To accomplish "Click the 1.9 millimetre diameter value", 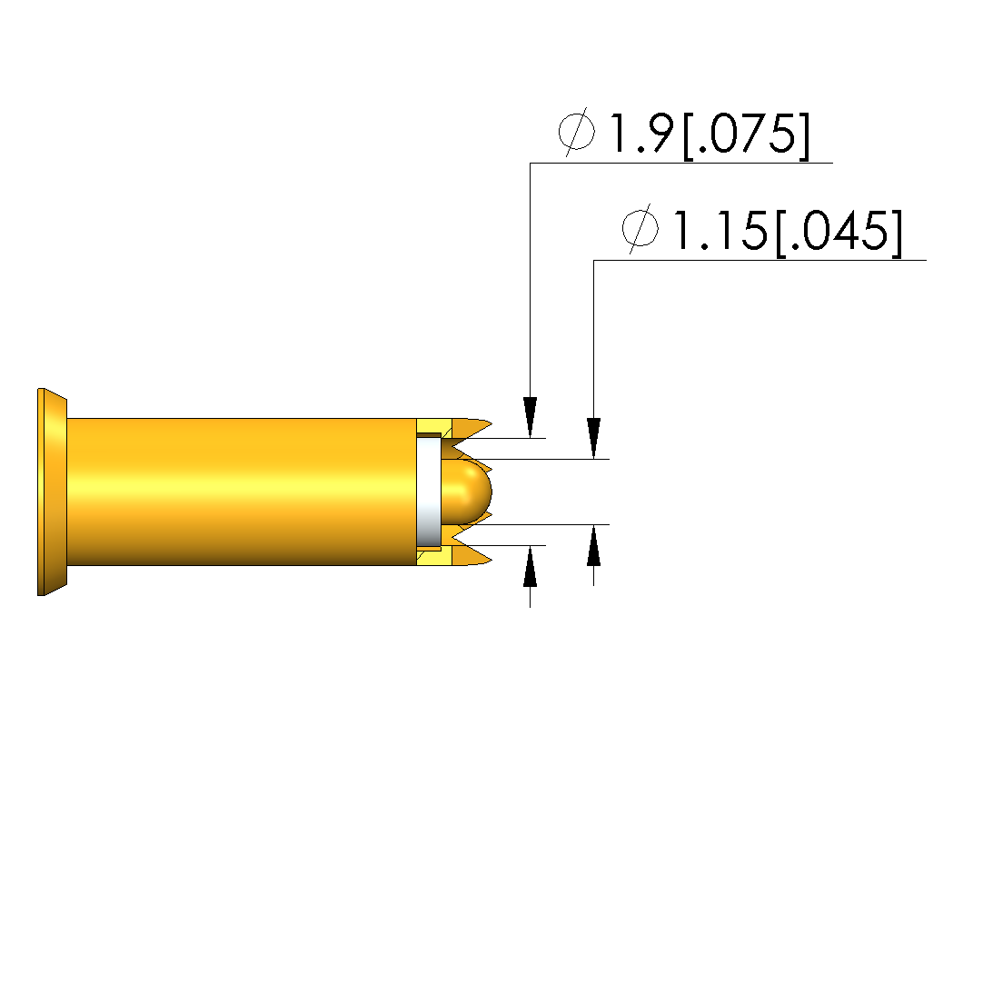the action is point(641,133).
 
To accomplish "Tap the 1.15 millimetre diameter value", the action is point(720,230).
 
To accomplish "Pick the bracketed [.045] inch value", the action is point(839,233).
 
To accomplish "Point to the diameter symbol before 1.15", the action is point(640,228).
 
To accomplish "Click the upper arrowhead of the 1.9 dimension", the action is point(530,417).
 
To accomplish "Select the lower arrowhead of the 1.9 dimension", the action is point(530,566).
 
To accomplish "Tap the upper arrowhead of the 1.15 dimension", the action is point(593,439).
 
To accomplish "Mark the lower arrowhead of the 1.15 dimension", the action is point(593,545).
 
